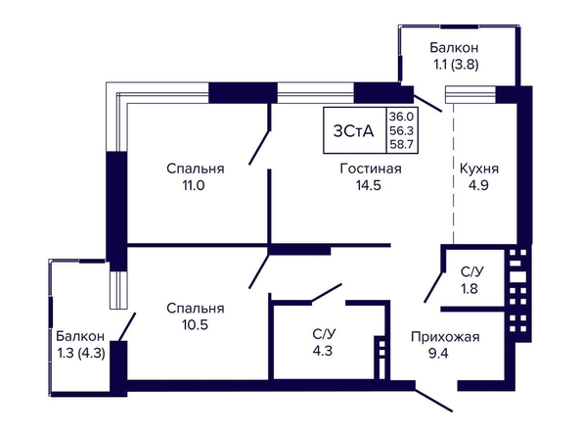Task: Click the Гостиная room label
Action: click(371, 169)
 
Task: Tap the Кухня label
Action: click(479, 169)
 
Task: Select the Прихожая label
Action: click(445, 337)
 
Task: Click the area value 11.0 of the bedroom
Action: click(194, 185)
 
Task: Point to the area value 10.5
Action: click(195, 325)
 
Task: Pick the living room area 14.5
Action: click(369, 185)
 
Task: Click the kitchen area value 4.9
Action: click(478, 185)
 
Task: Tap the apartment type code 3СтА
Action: click(353, 131)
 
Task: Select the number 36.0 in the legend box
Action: click(401, 117)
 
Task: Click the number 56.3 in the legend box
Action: click(401, 130)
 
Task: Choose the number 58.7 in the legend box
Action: click(401, 144)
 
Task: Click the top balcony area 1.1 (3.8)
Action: click(456, 65)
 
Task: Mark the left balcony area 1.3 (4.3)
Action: click(81, 353)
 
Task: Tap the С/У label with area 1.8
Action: click(472, 271)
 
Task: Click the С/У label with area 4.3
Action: click(324, 334)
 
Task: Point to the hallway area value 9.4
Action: click(438, 353)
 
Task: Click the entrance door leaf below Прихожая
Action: click(433, 400)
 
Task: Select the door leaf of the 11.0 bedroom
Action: click(260, 147)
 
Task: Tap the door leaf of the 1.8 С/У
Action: click(433, 287)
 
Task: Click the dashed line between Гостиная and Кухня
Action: click(454, 173)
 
